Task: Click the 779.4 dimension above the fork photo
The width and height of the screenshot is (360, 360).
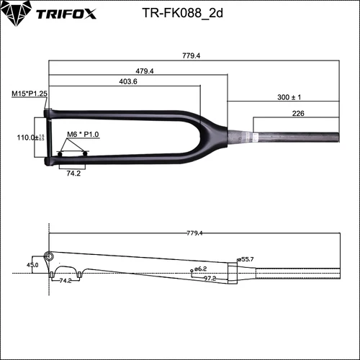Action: pyautogui.click(x=191, y=55)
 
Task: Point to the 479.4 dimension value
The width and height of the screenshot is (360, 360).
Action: pyautogui.click(x=145, y=71)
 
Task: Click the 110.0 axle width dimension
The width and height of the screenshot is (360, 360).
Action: pyautogui.click(x=27, y=137)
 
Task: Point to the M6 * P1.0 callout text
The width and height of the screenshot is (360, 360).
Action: pyautogui.click(x=81, y=135)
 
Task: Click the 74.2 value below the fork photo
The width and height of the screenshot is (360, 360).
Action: pyautogui.click(x=73, y=174)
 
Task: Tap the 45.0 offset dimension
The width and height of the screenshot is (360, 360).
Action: pyautogui.click(x=33, y=265)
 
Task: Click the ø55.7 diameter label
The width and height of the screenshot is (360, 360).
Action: pyautogui.click(x=246, y=258)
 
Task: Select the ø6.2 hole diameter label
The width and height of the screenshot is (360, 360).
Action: pyautogui.click(x=200, y=269)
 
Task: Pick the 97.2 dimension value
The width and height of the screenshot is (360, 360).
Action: pyautogui.click(x=210, y=278)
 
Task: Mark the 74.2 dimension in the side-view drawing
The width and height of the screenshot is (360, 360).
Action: pyautogui.click(x=65, y=280)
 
